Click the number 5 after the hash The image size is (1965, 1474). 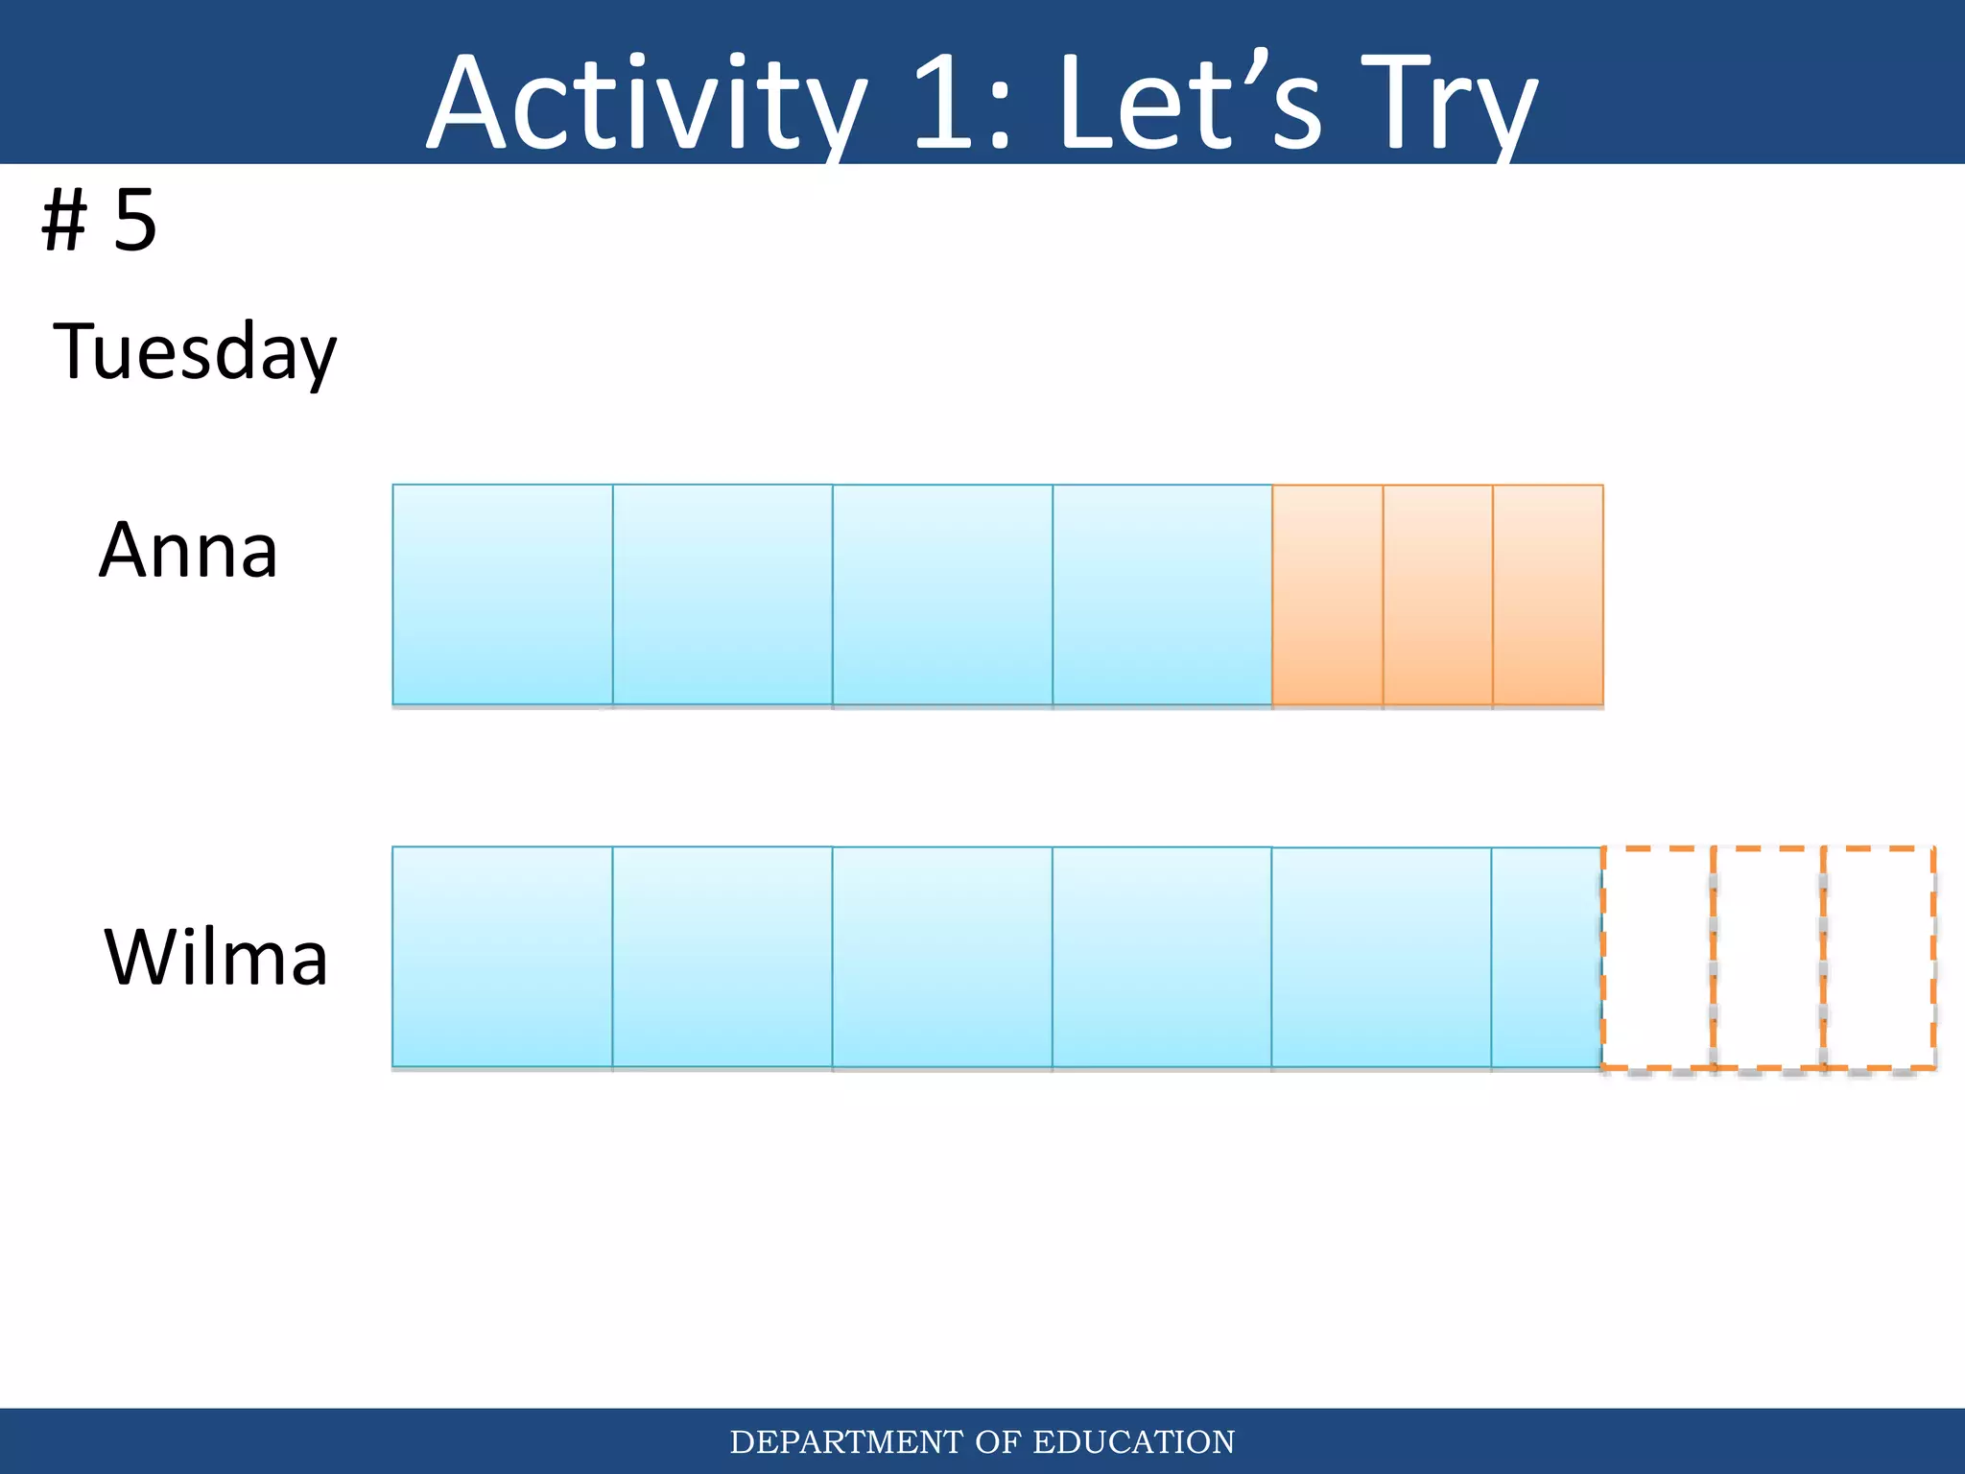tap(135, 221)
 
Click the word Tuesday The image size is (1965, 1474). tap(195, 352)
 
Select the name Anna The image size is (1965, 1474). tap(188, 550)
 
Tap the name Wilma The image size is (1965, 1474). tap(216, 957)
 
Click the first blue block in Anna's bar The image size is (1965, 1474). tap(503, 595)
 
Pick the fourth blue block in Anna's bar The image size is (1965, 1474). tap(1162, 595)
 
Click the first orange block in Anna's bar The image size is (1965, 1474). tap(1327, 595)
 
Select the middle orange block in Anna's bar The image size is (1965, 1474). tap(1437, 595)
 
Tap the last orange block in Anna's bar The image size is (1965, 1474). tap(1548, 595)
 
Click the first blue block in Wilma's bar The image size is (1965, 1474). tap(503, 957)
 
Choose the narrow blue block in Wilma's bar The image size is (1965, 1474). tap(1546, 957)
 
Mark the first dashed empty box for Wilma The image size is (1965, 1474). tap(1657, 957)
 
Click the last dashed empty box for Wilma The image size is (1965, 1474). tap(1879, 957)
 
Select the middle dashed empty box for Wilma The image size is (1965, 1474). tap(1768, 957)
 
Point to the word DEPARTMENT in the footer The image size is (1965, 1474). tap(846, 1442)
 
